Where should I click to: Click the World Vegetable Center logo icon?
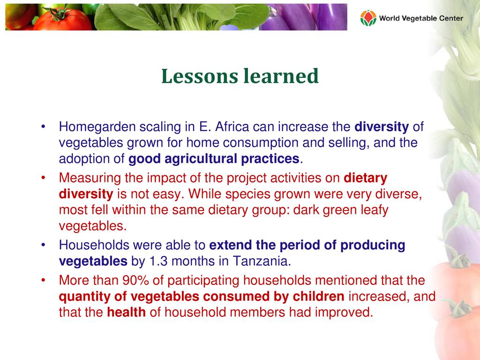(x=368, y=18)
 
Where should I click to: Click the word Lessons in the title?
(x=200, y=76)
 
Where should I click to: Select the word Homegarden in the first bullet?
(x=97, y=127)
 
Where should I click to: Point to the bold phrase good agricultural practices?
(x=214, y=159)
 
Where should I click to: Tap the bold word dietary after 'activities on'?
(x=366, y=178)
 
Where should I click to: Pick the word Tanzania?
(x=262, y=262)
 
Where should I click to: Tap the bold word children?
(x=319, y=296)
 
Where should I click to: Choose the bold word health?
(x=127, y=312)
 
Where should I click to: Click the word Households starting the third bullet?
(x=94, y=245)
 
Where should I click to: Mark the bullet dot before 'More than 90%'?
(x=44, y=280)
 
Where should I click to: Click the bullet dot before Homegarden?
(x=44, y=127)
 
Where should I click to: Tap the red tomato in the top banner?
(x=62, y=19)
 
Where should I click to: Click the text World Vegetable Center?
(x=421, y=18)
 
